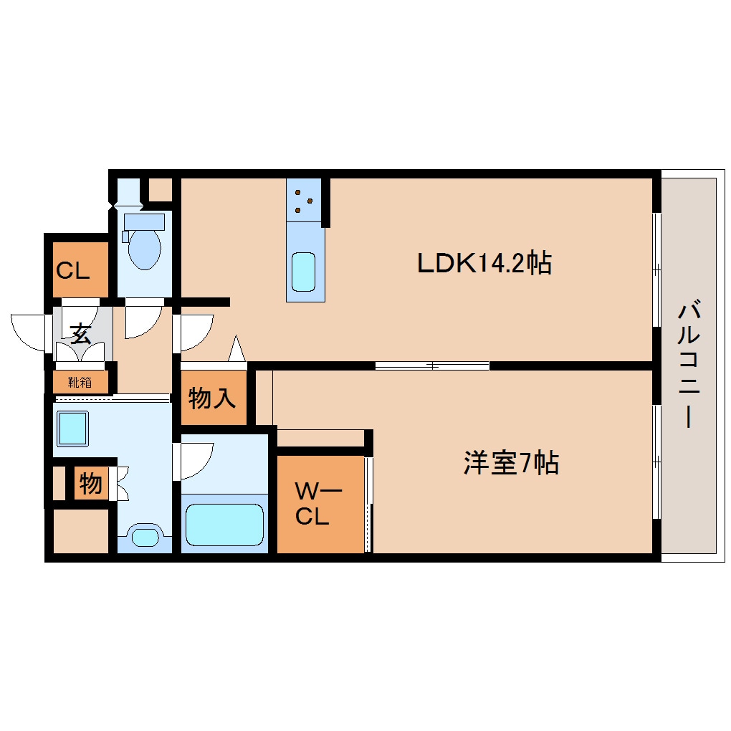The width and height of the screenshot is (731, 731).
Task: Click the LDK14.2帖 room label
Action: click(484, 264)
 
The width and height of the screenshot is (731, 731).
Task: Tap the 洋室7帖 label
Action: click(511, 464)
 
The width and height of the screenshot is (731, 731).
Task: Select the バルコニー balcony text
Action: click(689, 365)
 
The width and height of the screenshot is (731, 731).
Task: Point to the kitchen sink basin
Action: click(303, 272)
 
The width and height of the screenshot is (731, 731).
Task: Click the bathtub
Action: click(224, 525)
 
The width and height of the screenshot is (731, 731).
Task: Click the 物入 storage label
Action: click(212, 398)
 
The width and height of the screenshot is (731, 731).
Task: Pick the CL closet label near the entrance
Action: click(73, 271)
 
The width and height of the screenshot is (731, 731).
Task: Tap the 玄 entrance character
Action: click(81, 333)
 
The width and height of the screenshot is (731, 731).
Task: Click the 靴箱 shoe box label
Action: click(80, 382)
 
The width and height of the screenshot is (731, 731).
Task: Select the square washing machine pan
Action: click(72, 428)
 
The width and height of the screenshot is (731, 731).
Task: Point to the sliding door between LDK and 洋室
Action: click(432, 365)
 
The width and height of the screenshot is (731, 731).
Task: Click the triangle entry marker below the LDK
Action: click(236, 350)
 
